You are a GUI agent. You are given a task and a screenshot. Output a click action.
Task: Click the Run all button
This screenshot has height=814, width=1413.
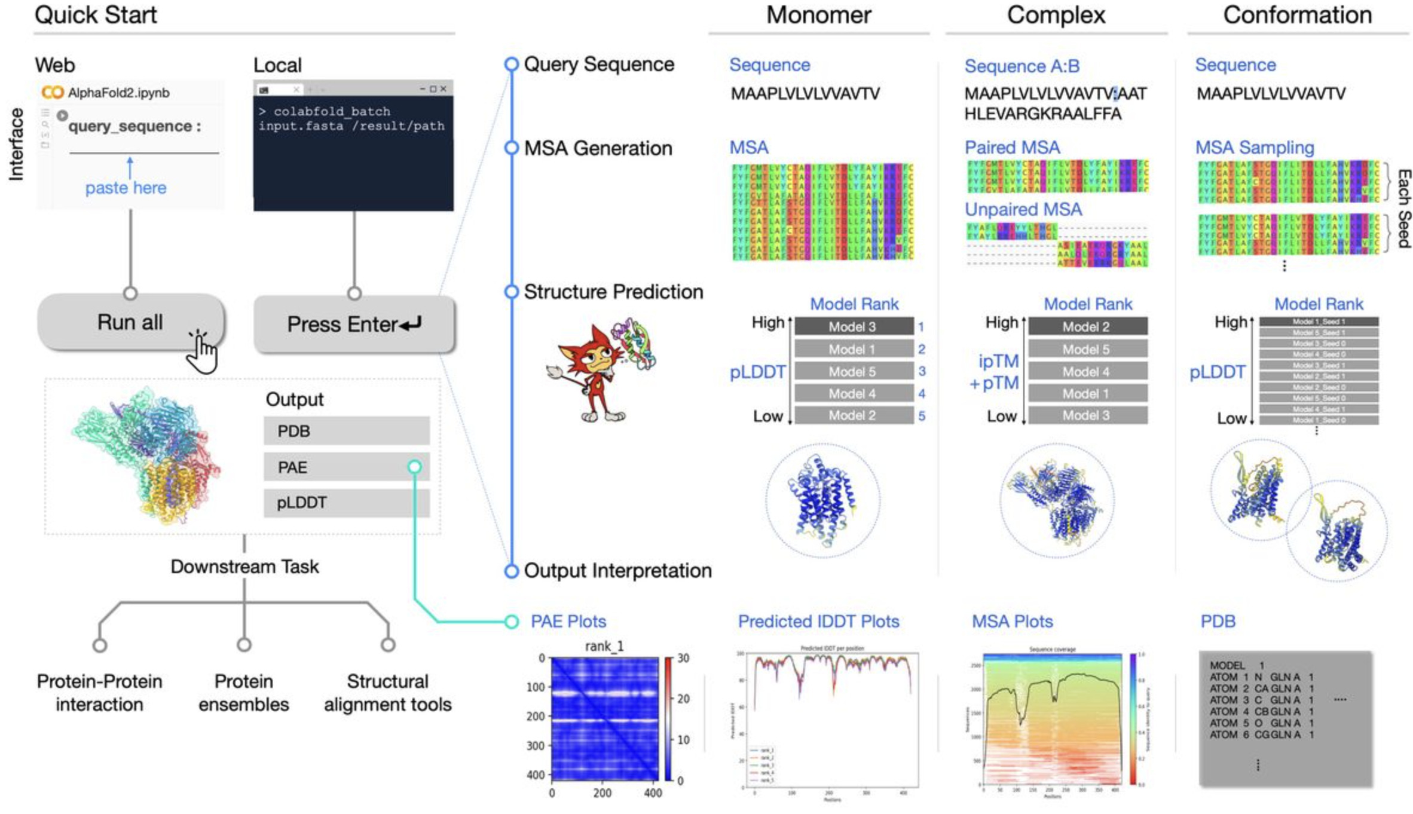pyautogui.click(x=130, y=322)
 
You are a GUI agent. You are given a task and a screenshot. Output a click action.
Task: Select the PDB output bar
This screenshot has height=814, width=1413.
pyautogui.click(x=346, y=431)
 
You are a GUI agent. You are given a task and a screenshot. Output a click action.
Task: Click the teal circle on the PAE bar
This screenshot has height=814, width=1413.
pyautogui.click(x=414, y=467)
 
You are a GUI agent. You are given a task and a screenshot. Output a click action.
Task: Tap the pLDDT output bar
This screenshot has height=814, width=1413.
pyautogui.click(x=346, y=503)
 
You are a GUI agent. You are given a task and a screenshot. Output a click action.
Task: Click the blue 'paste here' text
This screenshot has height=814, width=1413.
pyautogui.click(x=126, y=188)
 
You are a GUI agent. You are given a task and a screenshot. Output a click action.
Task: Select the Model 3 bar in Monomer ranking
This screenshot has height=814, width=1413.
pyautogui.click(x=853, y=326)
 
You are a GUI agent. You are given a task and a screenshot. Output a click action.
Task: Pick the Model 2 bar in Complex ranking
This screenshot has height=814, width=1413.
pyautogui.click(x=1087, y=326)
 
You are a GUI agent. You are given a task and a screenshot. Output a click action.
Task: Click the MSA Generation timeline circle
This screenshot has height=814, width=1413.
pyautogui.click(x=511, y=148)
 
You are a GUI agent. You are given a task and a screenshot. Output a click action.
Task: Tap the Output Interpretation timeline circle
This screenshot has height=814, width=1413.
pyautogui.click(x=511, y=571)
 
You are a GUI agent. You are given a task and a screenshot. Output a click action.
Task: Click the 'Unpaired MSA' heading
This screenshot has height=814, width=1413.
pyautogui.click(x=1023, y=209)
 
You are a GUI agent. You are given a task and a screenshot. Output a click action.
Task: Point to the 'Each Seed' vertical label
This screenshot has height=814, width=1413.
pyautogui.click(x=1403, y=208)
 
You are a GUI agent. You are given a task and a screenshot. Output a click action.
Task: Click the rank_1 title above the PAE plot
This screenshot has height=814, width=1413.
pyautogui.click(x=604, y=646)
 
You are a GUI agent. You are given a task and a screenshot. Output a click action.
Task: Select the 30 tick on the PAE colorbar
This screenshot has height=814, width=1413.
pyautogui.click(x=683, y=658)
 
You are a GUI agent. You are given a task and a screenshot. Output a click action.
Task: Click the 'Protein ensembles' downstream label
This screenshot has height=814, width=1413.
pyautogui.click(x=243, y=693)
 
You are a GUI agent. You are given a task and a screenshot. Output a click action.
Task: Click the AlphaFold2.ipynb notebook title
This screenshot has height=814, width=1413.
pyautogui.click(x=118, y=93)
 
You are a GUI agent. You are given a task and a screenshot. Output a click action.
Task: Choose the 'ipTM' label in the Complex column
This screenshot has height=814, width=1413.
pyautogui.click(x=998, y=361)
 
